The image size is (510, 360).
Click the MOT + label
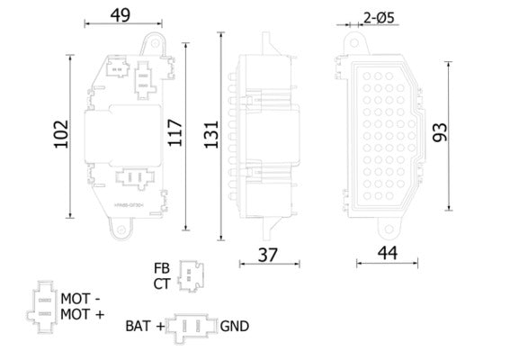coord(82,313)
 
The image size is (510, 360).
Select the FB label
coord(161,268)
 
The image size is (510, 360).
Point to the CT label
coord(161,283)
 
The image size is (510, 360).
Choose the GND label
coord(234,327)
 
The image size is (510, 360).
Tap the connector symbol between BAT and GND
coord(192,327)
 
